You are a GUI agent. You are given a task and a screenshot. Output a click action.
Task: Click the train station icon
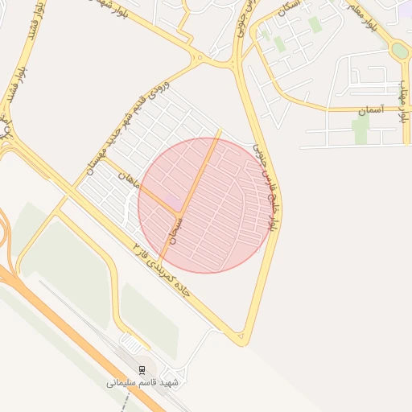142,369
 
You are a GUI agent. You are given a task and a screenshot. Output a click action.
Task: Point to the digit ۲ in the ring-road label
138,244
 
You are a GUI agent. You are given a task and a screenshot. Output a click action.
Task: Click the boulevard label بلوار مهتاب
404,101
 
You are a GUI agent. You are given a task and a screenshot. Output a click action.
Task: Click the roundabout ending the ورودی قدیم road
198,57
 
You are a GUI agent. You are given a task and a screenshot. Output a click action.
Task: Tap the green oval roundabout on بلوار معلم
398,51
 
